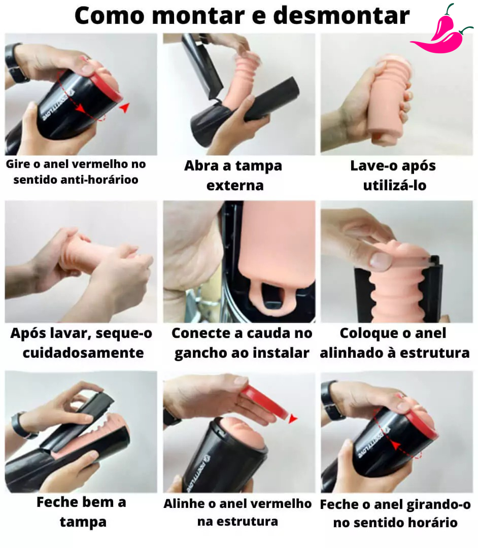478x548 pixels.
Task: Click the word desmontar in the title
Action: click(x=341, y=16)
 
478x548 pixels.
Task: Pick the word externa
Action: click(x=235, y=186)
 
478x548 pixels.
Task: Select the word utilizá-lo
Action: click(x=395, y=185)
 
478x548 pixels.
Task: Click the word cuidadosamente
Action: click(x=83, y=353)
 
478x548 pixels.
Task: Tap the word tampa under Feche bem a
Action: click(x=83, y=523)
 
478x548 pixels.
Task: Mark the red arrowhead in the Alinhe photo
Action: click(x=293, y=418)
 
